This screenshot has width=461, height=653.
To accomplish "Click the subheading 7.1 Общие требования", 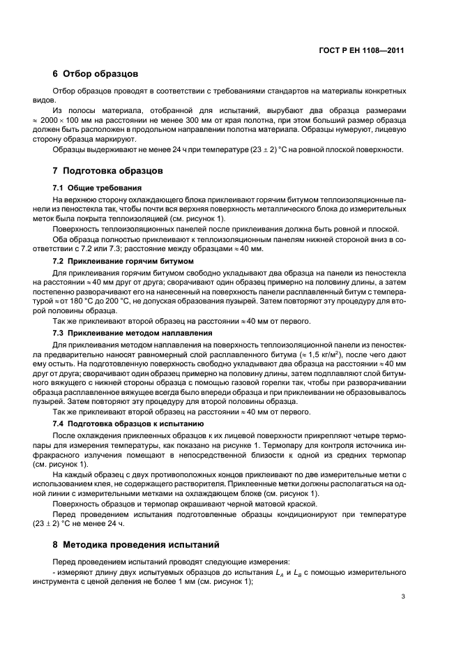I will pos(97,188).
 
